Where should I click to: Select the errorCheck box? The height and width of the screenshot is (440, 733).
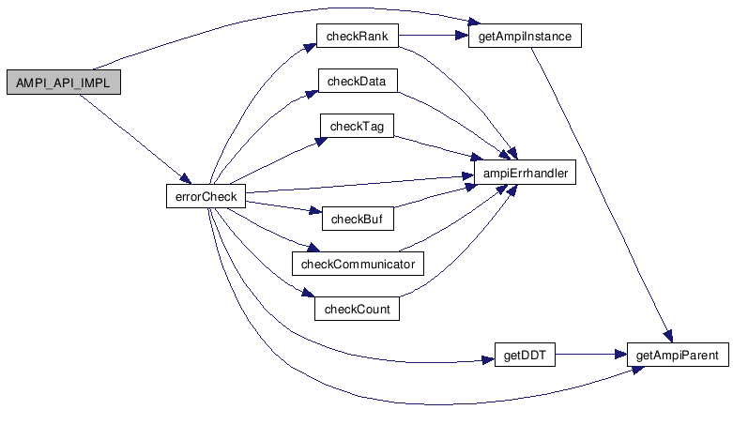pos(206,196)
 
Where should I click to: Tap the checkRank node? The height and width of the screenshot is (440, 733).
pos(358,37)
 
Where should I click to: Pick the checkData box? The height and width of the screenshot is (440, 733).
pos(358,82)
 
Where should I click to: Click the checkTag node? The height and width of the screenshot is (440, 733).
pos(358,126)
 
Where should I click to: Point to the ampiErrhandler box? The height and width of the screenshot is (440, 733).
pos(524,174)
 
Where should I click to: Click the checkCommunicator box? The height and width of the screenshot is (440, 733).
pos(358,264)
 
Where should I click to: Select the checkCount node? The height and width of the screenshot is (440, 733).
pos(357,309)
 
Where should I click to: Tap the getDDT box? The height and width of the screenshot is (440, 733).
pos(526,356)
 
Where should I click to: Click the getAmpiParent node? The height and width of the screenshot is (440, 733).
pos(677,356)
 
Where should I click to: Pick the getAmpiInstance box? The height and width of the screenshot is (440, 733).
pos(525,37)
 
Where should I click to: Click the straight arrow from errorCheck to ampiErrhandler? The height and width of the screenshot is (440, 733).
pos(357,185)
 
